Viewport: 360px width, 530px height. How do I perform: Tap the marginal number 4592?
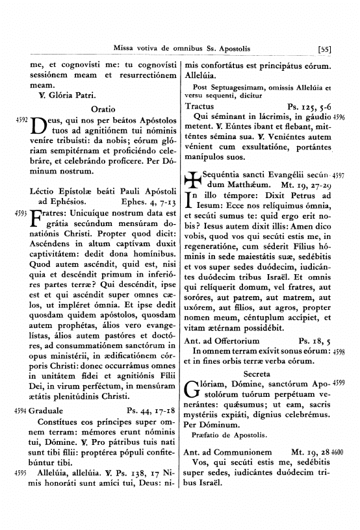(x=10, y=121)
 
